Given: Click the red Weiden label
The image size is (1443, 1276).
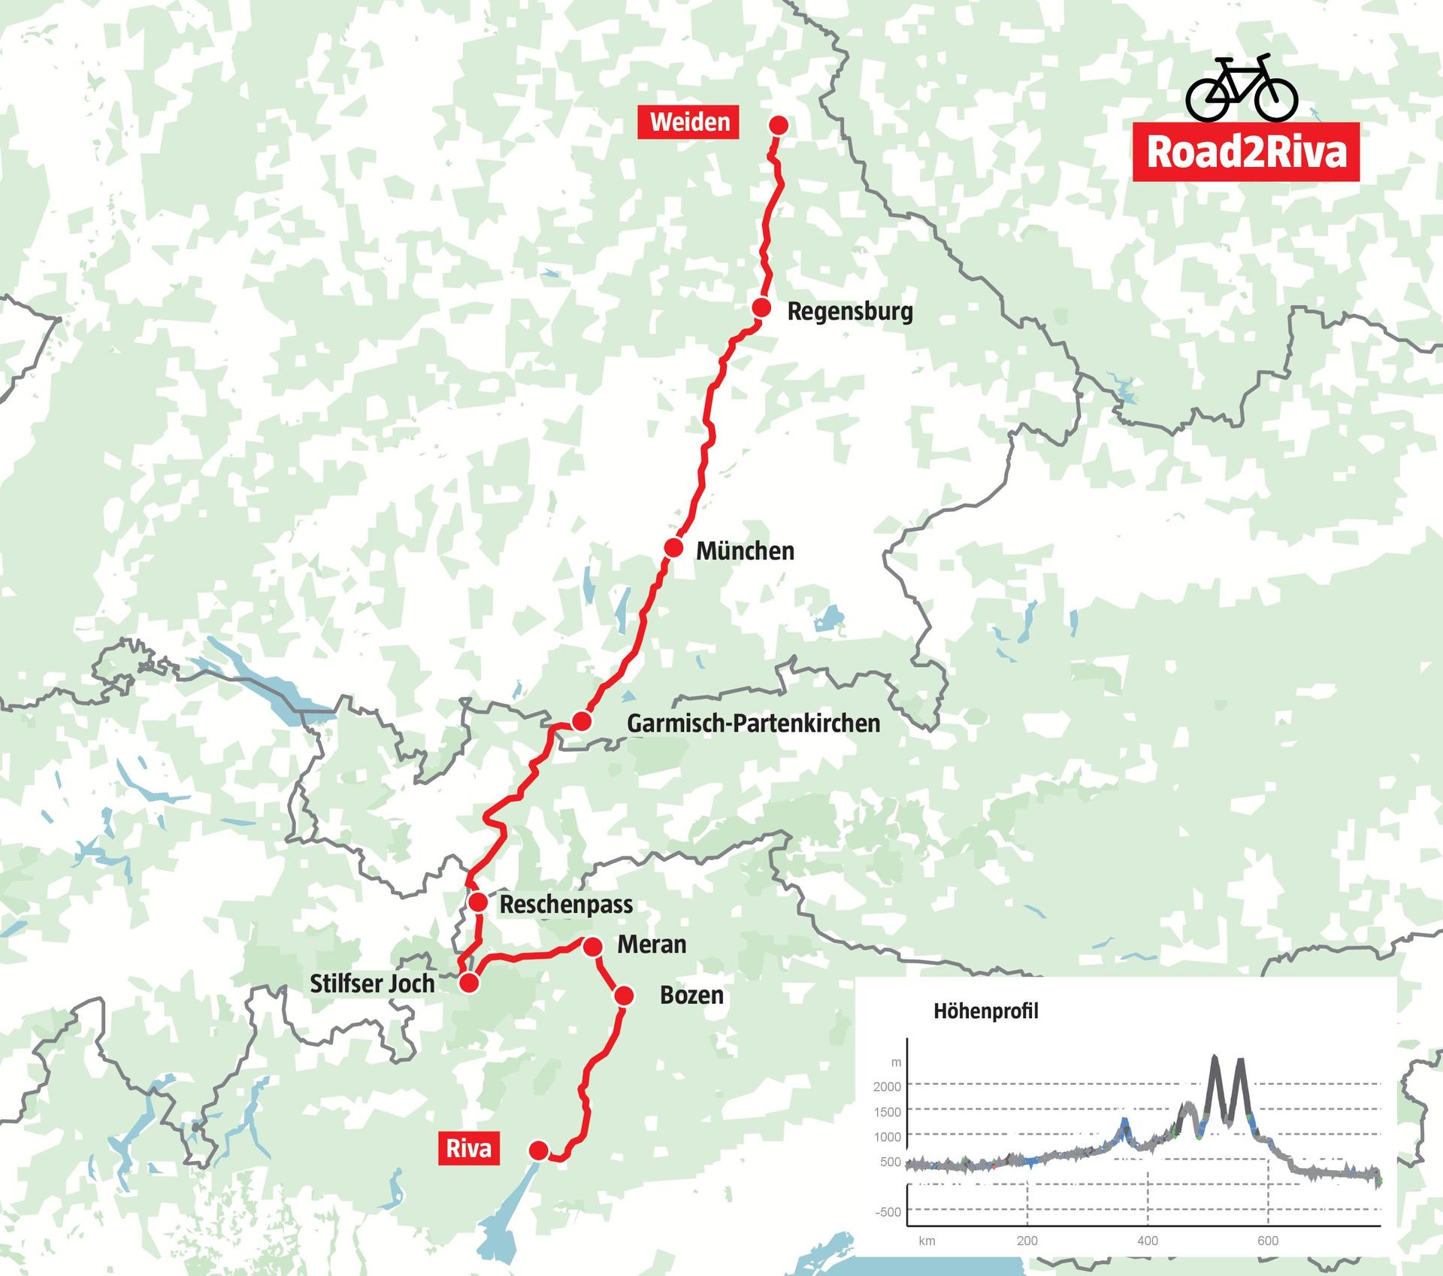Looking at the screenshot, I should (689, 122).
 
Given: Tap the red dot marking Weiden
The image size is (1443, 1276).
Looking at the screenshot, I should (779, 125).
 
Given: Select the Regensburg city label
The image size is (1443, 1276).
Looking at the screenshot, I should (849, 311).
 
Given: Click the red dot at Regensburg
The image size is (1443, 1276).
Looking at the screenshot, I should (761, 308).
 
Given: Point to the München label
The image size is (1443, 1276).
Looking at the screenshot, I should (744, 550).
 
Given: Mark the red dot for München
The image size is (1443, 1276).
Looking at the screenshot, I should (673, 547).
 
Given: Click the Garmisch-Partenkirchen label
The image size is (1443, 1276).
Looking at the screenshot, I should (753, 723).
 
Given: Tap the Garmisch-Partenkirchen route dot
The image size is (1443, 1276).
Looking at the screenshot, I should (580, 722).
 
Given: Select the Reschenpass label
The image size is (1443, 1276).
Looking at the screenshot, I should (566, 905).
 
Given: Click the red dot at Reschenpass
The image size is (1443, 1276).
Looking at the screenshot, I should (477, 902).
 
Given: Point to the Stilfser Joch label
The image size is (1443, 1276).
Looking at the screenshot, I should (372, 984).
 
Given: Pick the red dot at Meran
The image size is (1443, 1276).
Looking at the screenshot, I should (592, 946).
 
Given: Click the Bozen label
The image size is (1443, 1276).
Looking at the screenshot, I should (691, 996).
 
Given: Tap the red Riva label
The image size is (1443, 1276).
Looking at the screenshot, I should (468, 1149).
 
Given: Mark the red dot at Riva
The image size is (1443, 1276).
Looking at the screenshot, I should (538, 1150).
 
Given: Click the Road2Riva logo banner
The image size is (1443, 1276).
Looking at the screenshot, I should (1245, 152).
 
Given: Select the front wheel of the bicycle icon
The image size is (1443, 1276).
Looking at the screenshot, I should (1277, 99).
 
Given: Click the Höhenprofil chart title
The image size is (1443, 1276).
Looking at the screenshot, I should (985, 1011).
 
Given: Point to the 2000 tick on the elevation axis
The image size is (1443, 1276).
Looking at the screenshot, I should (887, 1087).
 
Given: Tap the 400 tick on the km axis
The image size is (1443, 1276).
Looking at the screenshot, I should (1147, 1241).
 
